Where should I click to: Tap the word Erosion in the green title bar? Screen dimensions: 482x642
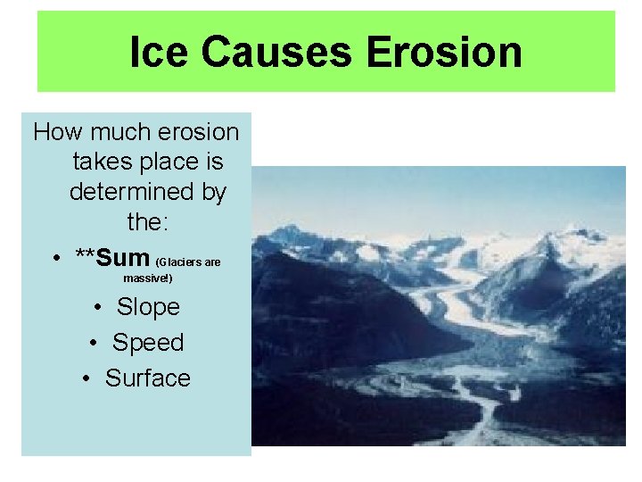(443, 52)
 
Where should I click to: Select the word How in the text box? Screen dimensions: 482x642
(58, 133)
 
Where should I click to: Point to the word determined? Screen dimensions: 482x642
(147, 192)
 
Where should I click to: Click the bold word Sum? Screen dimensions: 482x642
(124, 258)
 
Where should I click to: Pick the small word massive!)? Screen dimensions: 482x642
(148, 279)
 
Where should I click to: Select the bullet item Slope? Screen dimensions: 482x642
(148, 307)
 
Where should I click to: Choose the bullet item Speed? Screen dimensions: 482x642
(148, 343)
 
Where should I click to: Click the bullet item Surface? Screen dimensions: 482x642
(148, 378)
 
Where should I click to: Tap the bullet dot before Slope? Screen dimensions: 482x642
(97, 308)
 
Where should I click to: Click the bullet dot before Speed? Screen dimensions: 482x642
(93, 344)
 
